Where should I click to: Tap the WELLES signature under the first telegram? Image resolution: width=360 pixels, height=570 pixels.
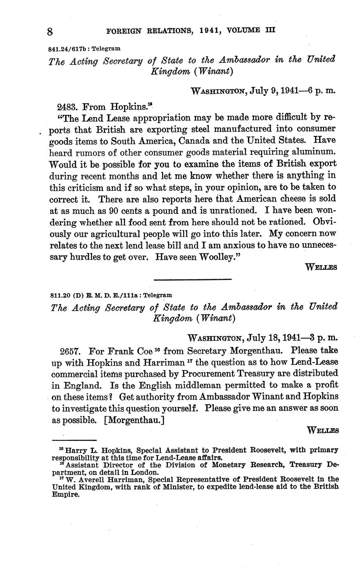pos(321,267)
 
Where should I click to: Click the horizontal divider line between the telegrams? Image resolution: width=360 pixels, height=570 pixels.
pos(192,280)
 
